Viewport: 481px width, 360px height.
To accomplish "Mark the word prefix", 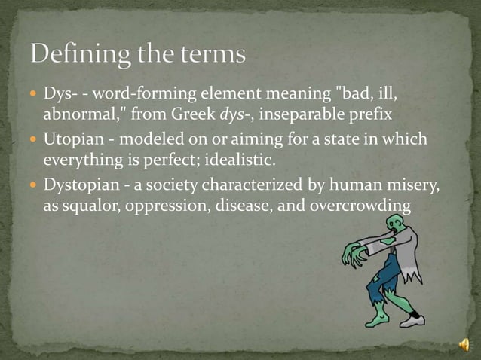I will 386,114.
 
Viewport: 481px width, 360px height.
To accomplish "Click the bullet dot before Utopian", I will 35,140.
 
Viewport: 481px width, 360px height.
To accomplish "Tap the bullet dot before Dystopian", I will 35,185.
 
